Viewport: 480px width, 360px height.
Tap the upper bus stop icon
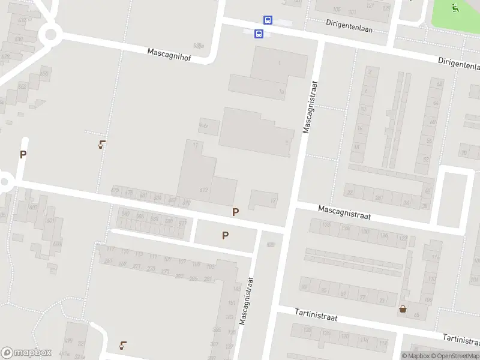tap(268, 20)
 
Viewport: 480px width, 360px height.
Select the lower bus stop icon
tap(259, 34)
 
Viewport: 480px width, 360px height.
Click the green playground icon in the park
tap(455, 8)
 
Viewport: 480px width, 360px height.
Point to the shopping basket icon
tap(403, 309)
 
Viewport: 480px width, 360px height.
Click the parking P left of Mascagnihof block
tap(23, 154)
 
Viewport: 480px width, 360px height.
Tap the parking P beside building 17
tap(236, 212)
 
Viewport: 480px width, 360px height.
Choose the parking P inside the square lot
tap(225, 236)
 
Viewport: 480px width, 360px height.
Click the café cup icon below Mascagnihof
tap(103, 145)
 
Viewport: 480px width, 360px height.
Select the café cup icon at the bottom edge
tap(123, 345)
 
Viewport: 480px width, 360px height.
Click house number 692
tap(204, 190)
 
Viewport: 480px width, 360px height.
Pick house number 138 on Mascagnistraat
tap(327, 225)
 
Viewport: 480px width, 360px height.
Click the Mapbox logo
tap(26, 353)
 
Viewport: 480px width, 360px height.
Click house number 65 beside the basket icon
tap(416, 314)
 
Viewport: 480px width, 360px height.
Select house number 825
tap(271, 244)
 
